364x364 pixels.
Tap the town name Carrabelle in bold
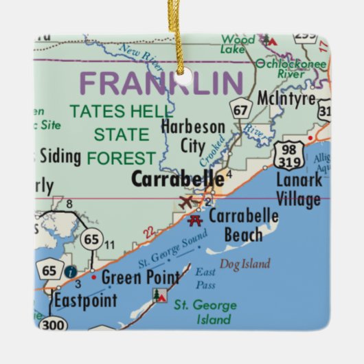(x=177, y=179)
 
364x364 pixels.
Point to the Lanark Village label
(x=298, y=190)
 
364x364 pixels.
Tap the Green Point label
(x=140, y=278)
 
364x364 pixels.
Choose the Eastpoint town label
(x=85, y=300)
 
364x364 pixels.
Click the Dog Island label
(x=244, y=264)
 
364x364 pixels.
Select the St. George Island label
(x=205, y=312)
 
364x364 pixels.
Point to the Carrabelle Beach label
(x=243, y=225)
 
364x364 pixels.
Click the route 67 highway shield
(x=240, y=109)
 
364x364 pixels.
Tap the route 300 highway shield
(x=53, y=323)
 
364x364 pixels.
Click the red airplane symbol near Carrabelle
(x=186, y=203)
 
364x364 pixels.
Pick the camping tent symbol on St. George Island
(x=159, y=296)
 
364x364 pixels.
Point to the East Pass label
(x=205, y=277)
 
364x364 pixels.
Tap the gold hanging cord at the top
(x=181, y=31)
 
